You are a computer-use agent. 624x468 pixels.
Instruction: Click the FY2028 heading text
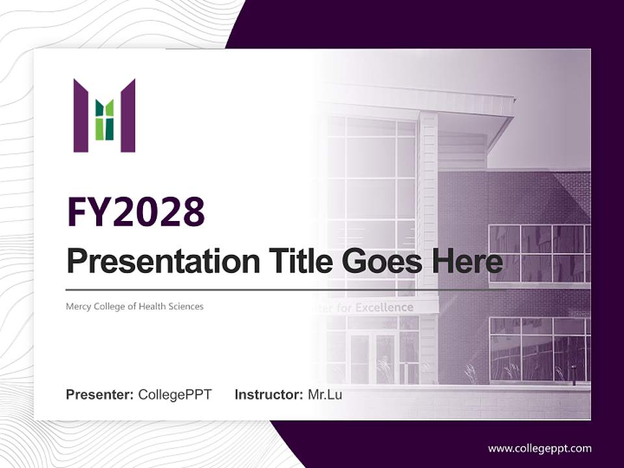[x=136, y=212]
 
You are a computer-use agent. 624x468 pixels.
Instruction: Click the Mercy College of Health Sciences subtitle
[x=135, y=306]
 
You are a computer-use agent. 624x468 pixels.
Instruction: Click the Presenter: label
[x=99, y=395]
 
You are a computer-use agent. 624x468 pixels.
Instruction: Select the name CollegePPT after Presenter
[x=175, y=395]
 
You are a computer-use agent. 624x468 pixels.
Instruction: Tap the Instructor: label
[x=268, y=395]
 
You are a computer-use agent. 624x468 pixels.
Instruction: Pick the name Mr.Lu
[x=325, y=395]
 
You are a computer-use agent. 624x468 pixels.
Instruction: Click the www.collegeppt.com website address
[x=539, y=448]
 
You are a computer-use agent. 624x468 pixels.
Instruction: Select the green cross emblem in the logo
[x=105, y=120]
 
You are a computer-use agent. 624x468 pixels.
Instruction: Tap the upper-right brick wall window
[x=538, y=253]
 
